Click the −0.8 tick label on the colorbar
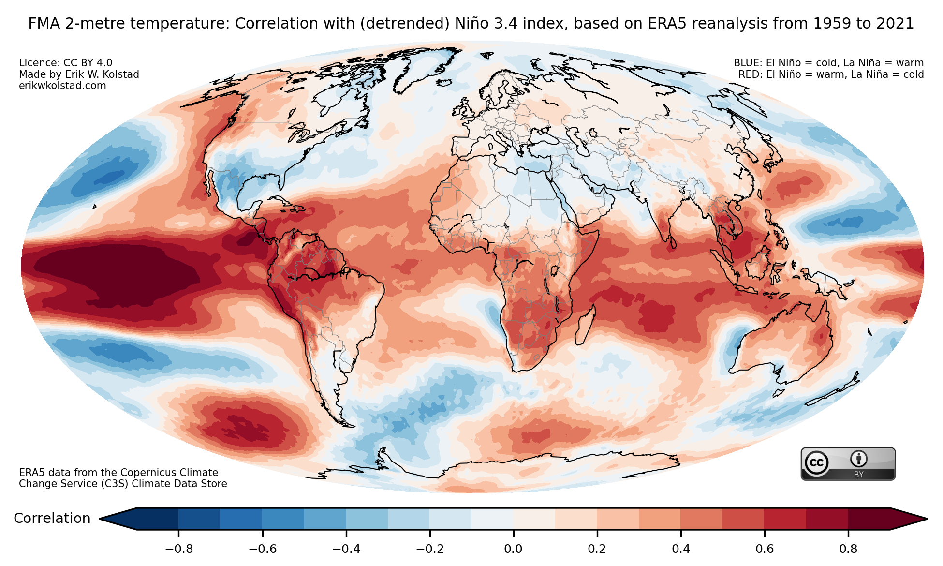point(179,549)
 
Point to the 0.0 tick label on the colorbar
point(513,549)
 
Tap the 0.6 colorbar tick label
point(764,549)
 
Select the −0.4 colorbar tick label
point(346,549)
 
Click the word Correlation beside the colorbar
point(52,519)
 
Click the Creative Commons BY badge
point(848,464)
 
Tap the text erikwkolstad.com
point(62,86)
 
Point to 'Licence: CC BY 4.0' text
point(65,63)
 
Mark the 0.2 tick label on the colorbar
point(597,549)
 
